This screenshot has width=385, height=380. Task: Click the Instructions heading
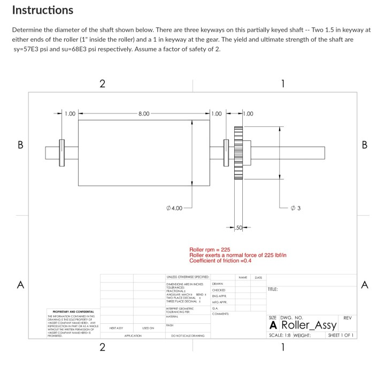point(42,10)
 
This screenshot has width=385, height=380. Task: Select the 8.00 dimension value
point(144,113)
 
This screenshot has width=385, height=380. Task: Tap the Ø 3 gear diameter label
point(297,207)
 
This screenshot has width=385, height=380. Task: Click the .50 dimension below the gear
point(240,229)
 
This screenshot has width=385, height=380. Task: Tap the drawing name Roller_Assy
point(309,325)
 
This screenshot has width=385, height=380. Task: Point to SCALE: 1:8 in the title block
point(280,336)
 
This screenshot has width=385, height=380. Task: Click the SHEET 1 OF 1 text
point(340,336)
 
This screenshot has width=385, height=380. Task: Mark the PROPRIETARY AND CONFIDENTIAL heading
point(73,311)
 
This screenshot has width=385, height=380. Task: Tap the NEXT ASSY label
point(117,327)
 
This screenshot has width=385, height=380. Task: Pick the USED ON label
point(149,327)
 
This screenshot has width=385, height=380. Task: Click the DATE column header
point(258,277)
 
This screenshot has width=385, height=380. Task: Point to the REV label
point(347,317)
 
